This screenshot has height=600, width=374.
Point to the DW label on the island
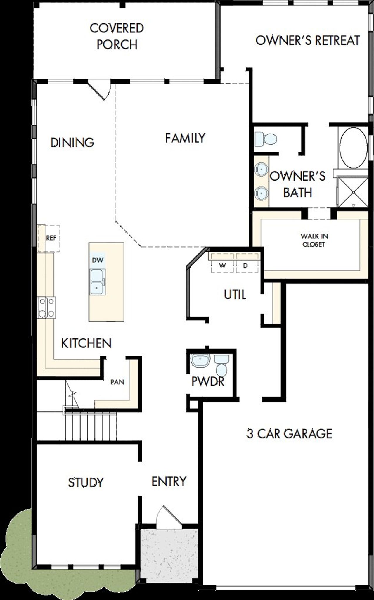[98, 260]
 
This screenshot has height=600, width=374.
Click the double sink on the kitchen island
[97, 282]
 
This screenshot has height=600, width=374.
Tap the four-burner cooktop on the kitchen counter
[46, 307]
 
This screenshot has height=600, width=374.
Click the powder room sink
[200, 360]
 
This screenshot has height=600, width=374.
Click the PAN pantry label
[117, 382]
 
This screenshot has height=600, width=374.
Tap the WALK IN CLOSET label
[314, 240]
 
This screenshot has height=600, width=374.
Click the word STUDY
[86, 483]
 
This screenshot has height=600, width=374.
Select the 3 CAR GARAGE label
[289, 433]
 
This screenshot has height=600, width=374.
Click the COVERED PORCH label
[117, 36]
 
